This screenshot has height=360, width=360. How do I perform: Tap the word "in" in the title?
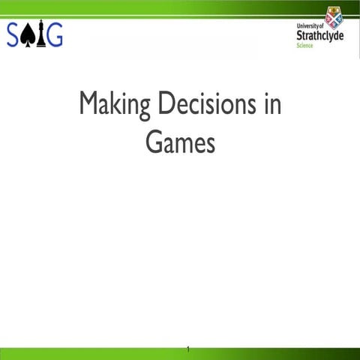click(273, 103)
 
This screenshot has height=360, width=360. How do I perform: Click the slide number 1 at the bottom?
click(188, 349)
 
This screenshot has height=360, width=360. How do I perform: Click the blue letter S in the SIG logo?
click(15, 34)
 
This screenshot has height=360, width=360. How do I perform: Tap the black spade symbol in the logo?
click(30, 34)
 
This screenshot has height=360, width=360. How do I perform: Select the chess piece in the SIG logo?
click(40, 34)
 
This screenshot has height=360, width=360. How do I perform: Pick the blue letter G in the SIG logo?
click(54, 34)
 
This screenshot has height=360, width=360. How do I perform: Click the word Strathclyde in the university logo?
click(320, 35)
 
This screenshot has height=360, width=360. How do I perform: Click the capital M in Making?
click(89, 103)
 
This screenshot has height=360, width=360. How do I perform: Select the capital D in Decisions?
click(166, 103)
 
